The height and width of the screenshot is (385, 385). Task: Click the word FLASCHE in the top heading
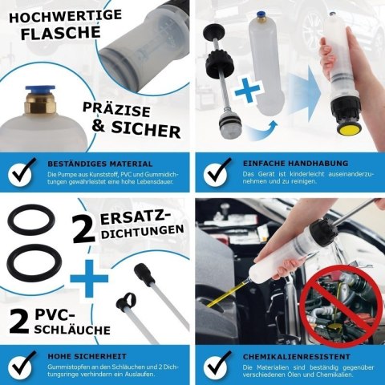61,33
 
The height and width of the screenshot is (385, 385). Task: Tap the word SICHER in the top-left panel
146,130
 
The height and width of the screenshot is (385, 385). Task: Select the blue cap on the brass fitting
40,90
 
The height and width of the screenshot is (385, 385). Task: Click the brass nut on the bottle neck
39,103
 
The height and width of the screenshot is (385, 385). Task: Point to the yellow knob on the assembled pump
347,130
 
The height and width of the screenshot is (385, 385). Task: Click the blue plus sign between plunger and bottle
248,90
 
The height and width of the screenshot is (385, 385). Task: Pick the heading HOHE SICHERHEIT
87,356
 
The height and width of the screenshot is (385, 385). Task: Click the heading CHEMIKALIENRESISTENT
297,357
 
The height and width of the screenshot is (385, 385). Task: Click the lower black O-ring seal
34,263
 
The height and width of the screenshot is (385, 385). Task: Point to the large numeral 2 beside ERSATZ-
83,229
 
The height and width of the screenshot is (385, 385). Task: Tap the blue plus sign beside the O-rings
89,278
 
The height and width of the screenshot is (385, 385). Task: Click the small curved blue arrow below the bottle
263,129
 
